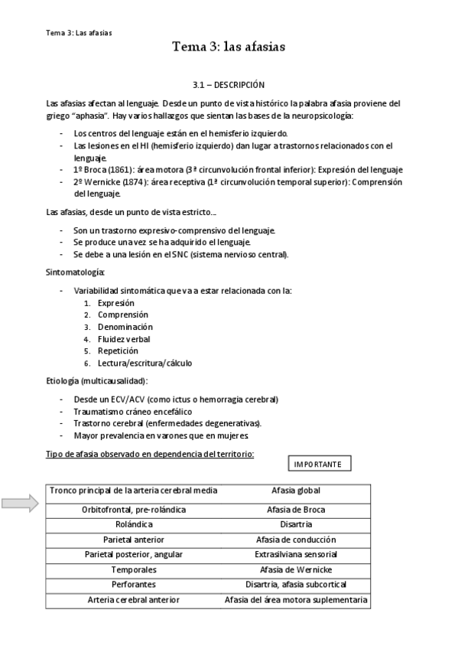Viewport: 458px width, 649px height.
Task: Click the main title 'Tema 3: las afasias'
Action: coord(229,47)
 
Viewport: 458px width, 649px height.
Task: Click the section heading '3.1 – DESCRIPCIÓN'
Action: coord(229,84)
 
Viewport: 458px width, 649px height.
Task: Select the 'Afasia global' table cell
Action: coord(295,490)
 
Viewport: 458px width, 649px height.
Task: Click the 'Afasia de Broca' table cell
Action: coord(295,509)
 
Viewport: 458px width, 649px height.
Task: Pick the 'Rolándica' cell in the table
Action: coord(133,524)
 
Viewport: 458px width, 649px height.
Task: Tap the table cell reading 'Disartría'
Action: coord(295,524)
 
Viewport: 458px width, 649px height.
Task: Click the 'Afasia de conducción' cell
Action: coord(295,539)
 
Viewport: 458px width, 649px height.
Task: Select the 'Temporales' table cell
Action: coord(133,570)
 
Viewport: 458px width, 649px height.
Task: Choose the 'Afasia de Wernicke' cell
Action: coord(295,570)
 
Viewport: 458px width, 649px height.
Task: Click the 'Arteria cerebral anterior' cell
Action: coord(133,600)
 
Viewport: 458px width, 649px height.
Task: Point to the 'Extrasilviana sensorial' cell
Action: coord(295,554)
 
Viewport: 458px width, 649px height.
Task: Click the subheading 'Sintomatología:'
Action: coord(76,272)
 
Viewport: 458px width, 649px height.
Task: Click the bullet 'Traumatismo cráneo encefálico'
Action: coord(138,412)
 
